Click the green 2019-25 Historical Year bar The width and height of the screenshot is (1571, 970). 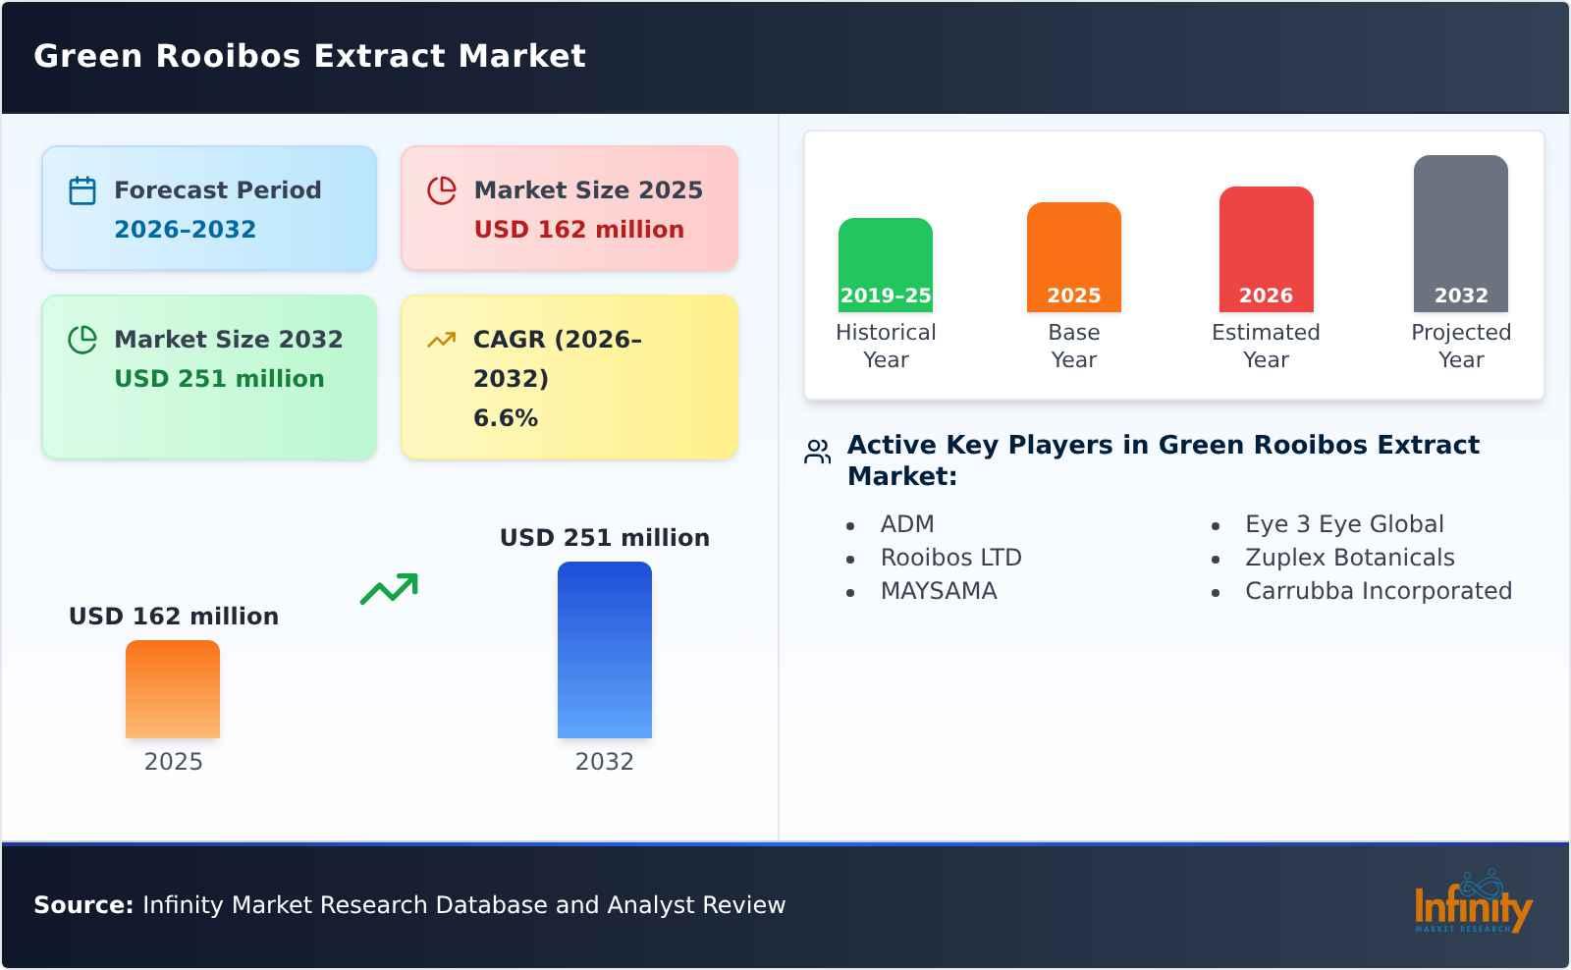(885, 264)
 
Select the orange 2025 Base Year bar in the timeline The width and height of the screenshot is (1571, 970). (1073, 256)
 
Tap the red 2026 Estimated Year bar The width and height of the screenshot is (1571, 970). (1266, 248)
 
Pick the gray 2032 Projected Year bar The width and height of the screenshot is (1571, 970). (1460, 233)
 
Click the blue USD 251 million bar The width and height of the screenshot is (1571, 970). (604, 649)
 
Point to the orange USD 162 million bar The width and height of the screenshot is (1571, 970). (173, 688)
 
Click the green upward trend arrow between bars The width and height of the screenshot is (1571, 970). (389, 589)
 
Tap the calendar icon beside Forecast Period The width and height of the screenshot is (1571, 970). (82, 190)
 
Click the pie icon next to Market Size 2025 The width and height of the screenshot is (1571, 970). (442, 190)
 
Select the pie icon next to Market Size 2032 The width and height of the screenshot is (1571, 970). (82, 340)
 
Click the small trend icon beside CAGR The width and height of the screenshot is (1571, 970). (442, 340)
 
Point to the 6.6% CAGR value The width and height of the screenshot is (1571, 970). (505, 418)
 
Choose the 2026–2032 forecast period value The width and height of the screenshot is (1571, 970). (185, 230)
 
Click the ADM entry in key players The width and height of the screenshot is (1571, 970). (906, 524)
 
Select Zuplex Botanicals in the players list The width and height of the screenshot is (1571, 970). (1349, 558)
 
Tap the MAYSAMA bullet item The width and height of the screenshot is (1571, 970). (938, 591)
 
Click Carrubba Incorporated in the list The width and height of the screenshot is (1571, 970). (1378, 591)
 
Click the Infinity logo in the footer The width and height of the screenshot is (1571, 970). (1472, 904)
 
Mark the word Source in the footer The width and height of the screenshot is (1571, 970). (82, 905)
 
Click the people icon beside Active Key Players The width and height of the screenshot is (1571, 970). (817, 452)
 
